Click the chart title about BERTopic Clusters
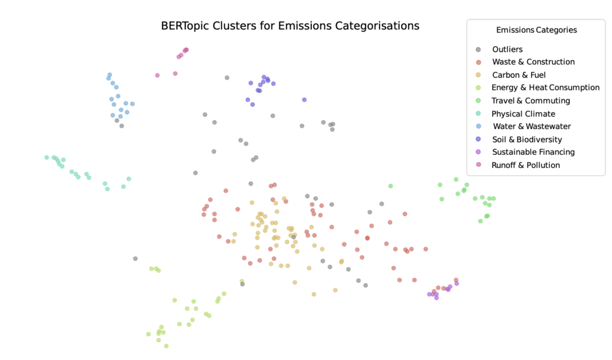(x=290, y=26)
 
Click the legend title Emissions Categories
(x=536, y=30)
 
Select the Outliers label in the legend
(x=507, y=49)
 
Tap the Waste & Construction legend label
(x=533, y=62)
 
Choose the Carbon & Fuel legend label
(x=519, y=75)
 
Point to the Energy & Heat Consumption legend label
(x=545, y=87)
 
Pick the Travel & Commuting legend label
(x=531, y=100)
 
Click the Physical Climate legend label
(x=523, y=114)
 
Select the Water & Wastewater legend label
(x=531, y=126)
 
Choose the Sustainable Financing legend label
(x=533, y=152)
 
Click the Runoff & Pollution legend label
(x=525, y=165)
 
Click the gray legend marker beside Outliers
(x=478, y=50)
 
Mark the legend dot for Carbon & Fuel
(x=478, y=75)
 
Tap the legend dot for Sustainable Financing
(x=478, y=152)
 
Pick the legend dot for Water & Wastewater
(x=478, y=126)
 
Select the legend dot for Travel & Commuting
(x=478, y=100)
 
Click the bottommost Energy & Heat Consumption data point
(x=166, y=346)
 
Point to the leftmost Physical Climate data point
(x=47, y=157)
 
